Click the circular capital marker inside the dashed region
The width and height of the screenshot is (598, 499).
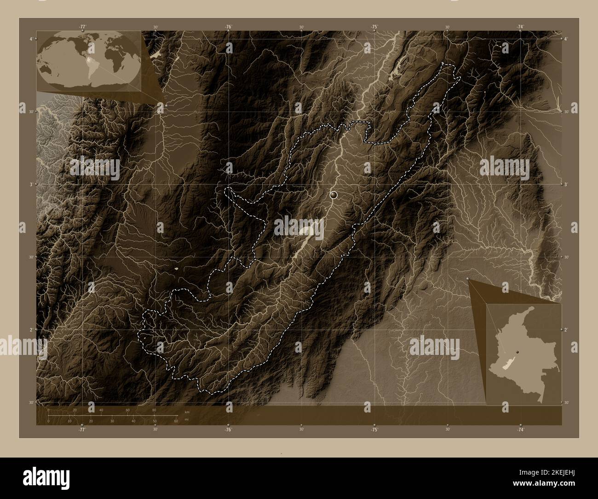click(334, 195)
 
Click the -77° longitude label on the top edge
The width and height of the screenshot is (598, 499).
click(82, 27)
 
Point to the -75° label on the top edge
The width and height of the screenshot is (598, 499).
click(374, 27)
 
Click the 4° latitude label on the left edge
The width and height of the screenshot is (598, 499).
click(30, 39)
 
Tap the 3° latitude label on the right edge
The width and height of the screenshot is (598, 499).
click(567, 184)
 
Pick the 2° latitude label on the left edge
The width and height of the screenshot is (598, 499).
click(30, 330)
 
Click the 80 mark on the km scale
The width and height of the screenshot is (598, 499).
click(154, 410)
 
